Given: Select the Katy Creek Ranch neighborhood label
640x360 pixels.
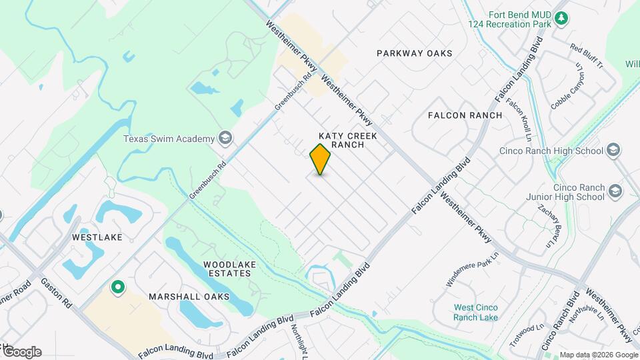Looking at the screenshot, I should (348, 140).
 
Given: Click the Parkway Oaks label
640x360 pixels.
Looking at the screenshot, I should (414, 53).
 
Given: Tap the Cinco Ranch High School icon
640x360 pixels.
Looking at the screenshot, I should (615, 150).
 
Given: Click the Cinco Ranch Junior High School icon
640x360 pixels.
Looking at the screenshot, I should (615, 192).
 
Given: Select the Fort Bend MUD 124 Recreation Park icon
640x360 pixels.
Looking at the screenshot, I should (561, 19).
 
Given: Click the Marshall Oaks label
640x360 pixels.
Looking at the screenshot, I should (189, 296).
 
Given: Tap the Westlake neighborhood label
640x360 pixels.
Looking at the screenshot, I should (97, 237).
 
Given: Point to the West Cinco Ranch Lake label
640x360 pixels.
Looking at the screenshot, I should (475, 312).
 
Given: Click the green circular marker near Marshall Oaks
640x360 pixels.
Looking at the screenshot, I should (118, 287).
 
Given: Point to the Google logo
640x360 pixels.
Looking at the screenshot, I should (21, 352).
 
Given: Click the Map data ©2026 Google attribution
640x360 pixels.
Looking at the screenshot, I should (598, 355).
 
